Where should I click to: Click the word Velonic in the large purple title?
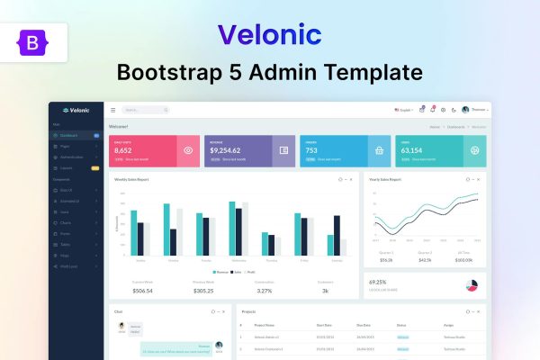click(x=270, y=34)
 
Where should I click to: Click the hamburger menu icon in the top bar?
click(x=112, y=110)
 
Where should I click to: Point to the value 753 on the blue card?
click(x=310, y=150)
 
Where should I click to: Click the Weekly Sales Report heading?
click(x=131, y=179)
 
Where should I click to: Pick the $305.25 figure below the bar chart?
click(x=203, y=291)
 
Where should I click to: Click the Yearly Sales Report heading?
click(x=385, y=179)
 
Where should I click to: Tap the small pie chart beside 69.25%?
click(x=471, y=285)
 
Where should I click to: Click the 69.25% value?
click(x=378, y=282)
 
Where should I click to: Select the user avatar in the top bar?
click(x=465, y=110)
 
